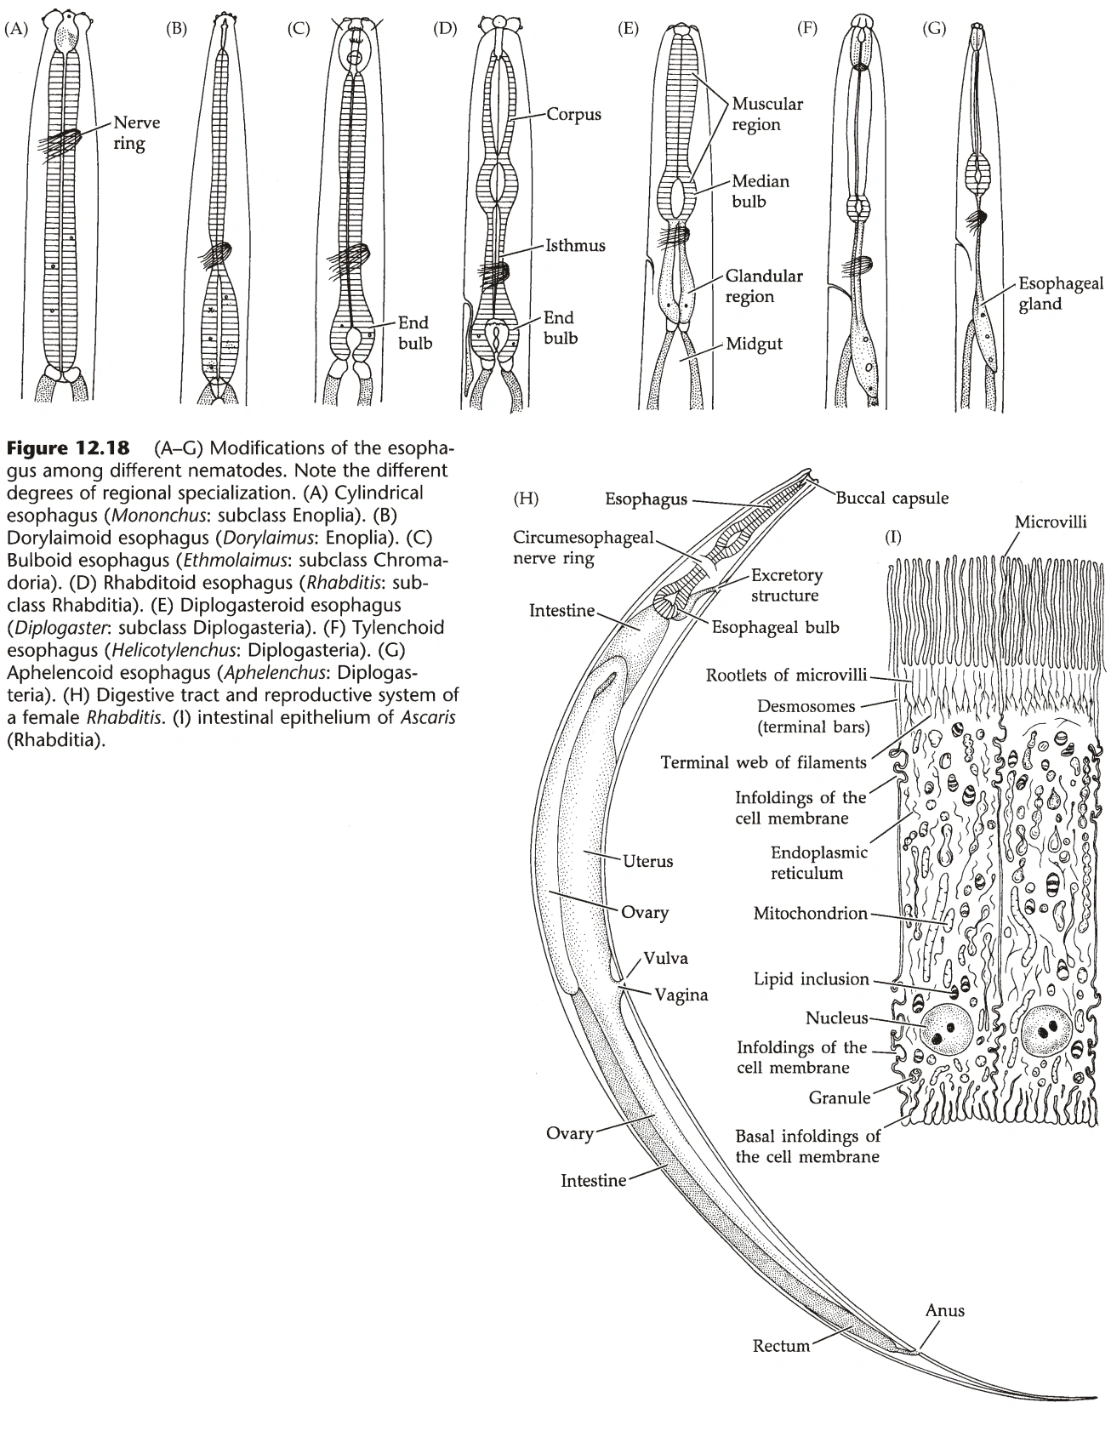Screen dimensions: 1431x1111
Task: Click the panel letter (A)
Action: point(16,28)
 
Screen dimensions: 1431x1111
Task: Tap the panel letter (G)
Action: point(933,28)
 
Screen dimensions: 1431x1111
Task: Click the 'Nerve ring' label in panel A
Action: point(136,133)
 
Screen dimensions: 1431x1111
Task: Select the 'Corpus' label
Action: point(573,114)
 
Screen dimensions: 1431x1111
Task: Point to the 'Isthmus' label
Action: point(576,246)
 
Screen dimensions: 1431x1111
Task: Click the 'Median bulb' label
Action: point(761,191)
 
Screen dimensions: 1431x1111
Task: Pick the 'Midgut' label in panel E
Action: point(754,345)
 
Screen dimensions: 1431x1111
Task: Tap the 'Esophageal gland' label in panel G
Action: point(1060,294)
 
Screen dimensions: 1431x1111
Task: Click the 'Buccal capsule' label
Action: point(892,498)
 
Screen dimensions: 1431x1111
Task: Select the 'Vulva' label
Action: point(666,958)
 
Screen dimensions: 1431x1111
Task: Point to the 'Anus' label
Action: point(944,1310)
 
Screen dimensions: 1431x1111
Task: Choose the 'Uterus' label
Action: point(647,861)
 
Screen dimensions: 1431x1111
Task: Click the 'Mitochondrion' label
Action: point(810,914)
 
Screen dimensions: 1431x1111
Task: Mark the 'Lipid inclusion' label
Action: point(811,979)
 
